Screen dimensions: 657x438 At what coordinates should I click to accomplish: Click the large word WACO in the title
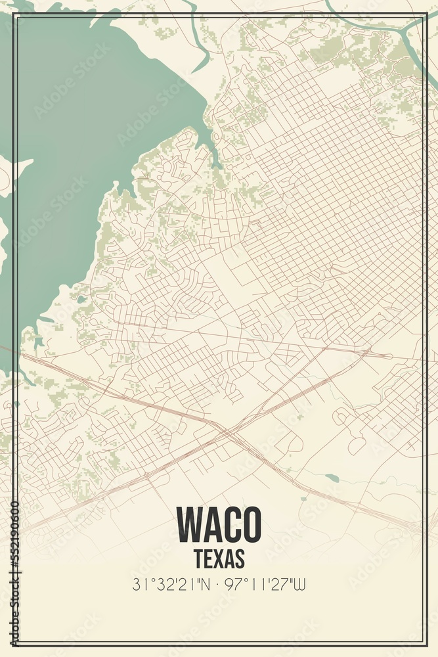pyautogui.click(x=219, y=524)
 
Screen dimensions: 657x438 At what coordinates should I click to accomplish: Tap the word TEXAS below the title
pyautogui.click(x=219, y=558)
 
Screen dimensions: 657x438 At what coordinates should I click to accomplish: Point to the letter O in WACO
pyautogui.click(x=250, y=524)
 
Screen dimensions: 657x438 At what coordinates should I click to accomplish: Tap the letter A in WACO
pyautogui.click(x=208, y=524)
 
